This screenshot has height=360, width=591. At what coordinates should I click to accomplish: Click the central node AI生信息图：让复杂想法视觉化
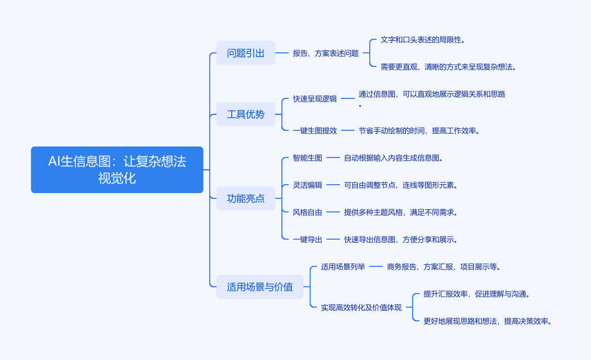(117, 170)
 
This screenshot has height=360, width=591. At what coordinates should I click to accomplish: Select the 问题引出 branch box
(246, 53)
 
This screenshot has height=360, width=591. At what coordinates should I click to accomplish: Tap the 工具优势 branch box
(246, 114)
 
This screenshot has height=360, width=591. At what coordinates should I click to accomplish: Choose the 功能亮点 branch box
(246, 198)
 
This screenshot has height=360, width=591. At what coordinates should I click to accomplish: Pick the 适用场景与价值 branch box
(260, 287)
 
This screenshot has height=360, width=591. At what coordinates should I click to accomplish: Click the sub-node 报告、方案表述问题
(326, 53)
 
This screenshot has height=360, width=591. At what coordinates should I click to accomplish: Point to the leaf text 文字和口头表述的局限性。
(423, 39)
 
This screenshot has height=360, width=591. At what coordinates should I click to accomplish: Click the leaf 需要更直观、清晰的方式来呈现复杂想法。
(449, 66)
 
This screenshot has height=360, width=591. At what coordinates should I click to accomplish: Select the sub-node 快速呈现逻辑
(315, 98)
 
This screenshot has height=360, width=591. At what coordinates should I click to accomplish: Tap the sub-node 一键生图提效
(315, 130)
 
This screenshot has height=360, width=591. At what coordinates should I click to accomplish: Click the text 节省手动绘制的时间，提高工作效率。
(419, 130)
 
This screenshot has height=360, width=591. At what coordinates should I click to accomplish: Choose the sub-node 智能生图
(308, 157)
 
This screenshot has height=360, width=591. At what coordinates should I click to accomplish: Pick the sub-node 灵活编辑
(308, 185)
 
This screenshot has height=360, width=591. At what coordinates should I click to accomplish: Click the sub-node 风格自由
(308, 212)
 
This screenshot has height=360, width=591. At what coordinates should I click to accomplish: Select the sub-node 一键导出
(308, 239)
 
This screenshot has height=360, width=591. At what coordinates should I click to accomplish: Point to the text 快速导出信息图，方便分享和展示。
(401, 239)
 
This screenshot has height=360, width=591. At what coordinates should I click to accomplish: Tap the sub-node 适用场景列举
(343, 266)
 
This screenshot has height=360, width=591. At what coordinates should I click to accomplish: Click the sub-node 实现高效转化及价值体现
(361, 307)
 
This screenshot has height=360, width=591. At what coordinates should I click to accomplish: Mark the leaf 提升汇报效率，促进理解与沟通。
(477, 294)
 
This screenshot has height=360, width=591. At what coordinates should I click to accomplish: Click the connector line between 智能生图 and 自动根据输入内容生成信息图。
(333, 157)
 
